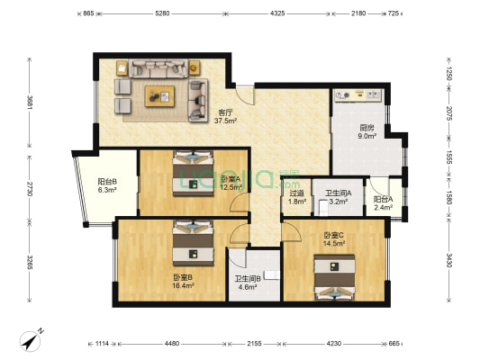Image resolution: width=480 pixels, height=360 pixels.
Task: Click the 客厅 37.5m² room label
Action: pos(225,117)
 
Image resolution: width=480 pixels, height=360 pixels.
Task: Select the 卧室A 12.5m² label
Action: pos(231,183)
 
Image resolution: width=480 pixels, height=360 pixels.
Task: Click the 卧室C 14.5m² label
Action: pos(334,239)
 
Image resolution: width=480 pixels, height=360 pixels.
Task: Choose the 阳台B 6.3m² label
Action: pos(107,185)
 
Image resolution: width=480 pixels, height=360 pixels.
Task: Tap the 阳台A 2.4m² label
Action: pos(384,203)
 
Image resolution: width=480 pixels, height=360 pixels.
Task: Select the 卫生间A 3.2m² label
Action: pos(338,197)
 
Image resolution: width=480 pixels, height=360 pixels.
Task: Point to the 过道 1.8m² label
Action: pos(296,197)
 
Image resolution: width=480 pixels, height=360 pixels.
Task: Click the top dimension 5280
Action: pos(162,13)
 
